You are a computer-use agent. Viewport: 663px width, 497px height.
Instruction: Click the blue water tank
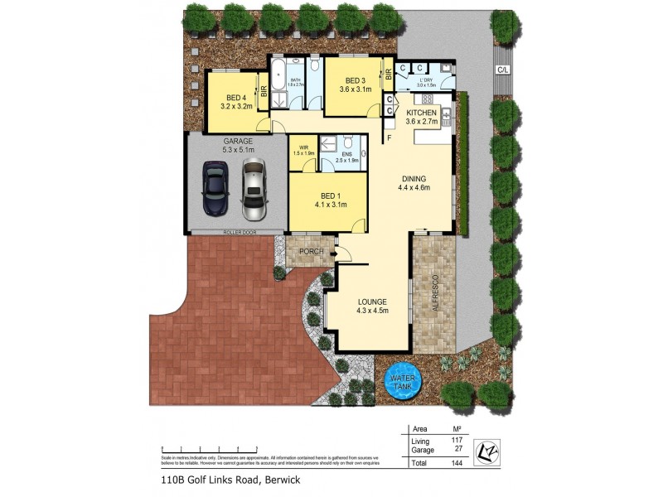coord(401,380)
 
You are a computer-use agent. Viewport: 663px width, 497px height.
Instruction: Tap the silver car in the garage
coord(254,188)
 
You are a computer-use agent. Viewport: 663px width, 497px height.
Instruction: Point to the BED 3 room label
coord(351,80)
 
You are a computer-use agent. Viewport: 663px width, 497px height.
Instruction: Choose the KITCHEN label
coord(422,112)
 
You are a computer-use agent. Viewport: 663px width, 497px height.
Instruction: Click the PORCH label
coord(310,251)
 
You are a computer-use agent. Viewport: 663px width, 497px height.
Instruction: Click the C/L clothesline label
coord(502,70)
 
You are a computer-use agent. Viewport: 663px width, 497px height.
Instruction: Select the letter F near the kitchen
coord(389,138)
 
